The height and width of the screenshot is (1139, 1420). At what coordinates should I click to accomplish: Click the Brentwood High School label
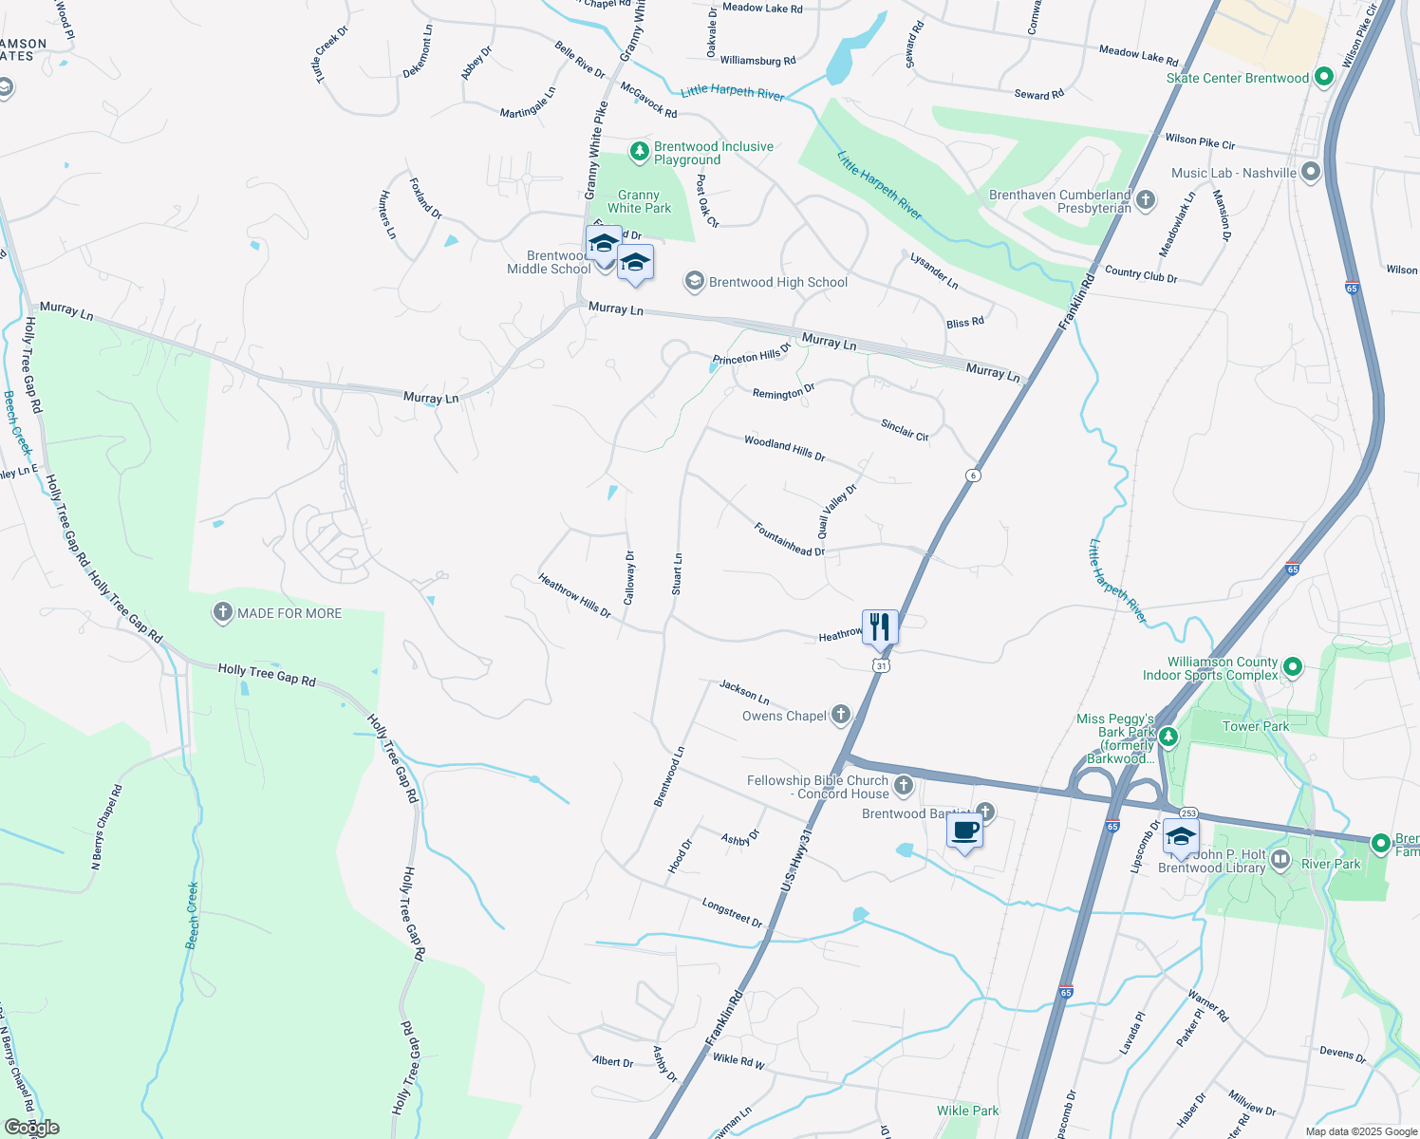(778, 282)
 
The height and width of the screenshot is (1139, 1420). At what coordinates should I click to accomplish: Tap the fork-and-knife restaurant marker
(880, 627)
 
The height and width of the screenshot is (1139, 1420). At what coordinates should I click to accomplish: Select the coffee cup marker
(965, 831)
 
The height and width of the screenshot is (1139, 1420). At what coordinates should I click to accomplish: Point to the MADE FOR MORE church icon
(222, 613)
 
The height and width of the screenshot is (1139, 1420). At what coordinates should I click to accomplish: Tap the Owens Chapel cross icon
(840, 716)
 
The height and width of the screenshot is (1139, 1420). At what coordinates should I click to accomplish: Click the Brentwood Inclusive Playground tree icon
(640, 150)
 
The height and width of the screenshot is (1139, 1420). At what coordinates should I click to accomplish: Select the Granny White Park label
(639, 201)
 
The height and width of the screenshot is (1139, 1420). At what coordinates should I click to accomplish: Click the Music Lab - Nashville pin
(1311, 173)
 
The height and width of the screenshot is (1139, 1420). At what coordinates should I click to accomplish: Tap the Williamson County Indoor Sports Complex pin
(1292, 668)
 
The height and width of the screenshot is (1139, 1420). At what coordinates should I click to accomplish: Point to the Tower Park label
(1255, 726)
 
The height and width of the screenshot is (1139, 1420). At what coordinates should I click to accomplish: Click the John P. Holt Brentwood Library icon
(1280, 861)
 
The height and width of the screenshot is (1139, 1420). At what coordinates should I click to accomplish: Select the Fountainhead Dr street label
(789, 539)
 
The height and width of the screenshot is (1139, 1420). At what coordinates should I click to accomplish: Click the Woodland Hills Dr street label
(784, 448)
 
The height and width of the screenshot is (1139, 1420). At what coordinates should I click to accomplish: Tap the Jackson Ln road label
(744, 692)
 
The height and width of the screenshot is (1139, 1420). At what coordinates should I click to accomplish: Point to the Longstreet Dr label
(732, 912)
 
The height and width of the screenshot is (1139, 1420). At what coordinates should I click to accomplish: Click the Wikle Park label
(967, 1111)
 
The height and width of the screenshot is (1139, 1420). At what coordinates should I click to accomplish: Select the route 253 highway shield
(1189, 813)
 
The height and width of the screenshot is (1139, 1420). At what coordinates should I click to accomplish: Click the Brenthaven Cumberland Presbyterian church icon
(1146, 199)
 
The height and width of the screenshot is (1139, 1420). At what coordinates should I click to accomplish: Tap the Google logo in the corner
(31, 1128)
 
